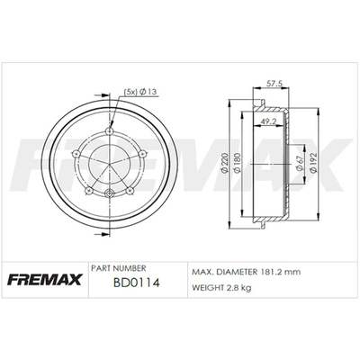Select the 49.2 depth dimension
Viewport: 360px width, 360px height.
tap(268, 121)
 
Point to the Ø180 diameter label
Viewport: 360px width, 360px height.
tap(237, 163)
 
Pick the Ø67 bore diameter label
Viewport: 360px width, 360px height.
tap(299, 164)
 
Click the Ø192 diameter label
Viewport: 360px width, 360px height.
tap(314, 163)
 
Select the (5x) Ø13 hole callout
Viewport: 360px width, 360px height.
tap(140, 92)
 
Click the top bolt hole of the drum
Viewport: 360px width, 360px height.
tap(110, 130)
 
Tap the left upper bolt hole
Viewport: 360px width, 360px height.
tap(76, 153)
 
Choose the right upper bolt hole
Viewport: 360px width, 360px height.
tap(142, 154)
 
